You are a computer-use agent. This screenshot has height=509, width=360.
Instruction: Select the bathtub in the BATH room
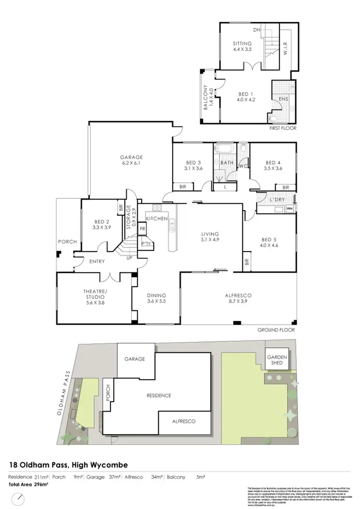point(224,148)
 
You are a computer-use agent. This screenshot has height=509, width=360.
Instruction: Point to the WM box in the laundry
point(289,209)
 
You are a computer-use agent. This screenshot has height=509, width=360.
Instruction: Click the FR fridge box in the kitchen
point(143,230)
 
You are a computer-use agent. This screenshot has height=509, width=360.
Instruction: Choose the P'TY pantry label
point(146,244)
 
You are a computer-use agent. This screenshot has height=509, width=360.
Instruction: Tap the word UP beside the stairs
point(129,258)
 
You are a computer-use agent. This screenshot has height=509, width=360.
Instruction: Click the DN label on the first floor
point(257,30)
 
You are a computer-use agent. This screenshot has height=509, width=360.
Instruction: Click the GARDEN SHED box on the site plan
point(277,361)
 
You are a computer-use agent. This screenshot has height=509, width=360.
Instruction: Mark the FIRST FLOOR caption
point(283,129)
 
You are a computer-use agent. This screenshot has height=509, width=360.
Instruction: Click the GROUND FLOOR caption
point(276,330)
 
